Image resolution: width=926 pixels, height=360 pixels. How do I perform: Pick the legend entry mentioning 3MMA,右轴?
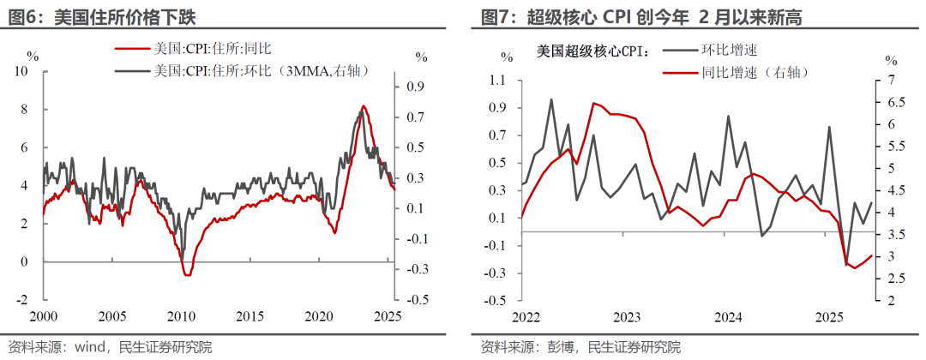[x=258, y=71]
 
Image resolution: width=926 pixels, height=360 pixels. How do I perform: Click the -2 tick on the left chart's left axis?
[x=24, y=300]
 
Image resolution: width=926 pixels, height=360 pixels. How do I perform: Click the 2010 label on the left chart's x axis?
[x=180, y=315]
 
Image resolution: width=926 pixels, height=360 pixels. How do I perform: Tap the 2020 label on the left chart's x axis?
[x=319, y=315]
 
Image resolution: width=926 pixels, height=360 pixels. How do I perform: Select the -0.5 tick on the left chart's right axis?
[x=418, y=300]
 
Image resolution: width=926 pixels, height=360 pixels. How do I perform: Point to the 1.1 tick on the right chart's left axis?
[x=497, y=81]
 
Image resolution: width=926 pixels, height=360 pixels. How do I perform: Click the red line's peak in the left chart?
[x=363, y=106]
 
